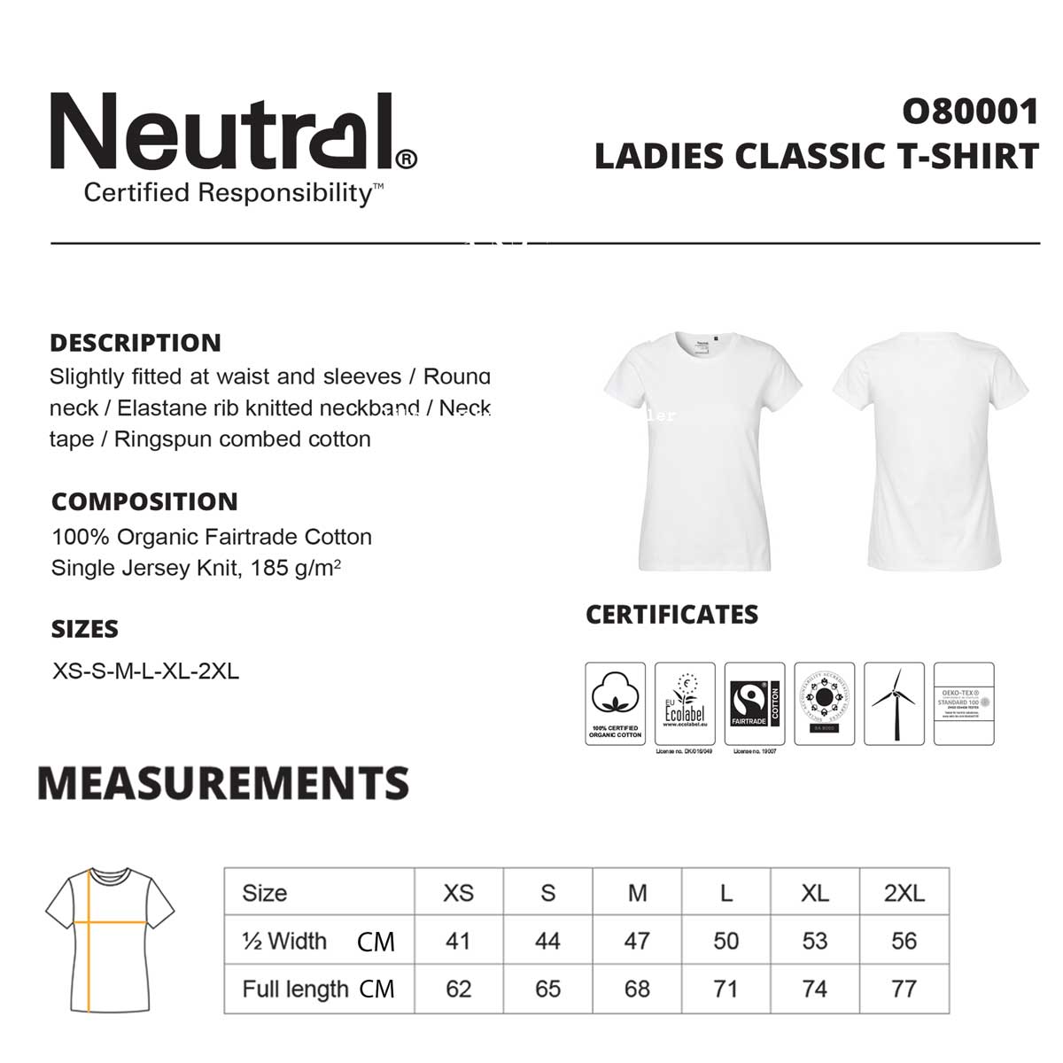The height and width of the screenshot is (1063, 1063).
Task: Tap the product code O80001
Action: pos(970,112)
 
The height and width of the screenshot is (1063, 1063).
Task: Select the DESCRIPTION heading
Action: pos(136,343)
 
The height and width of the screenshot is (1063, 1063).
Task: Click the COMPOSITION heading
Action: pos(144,501)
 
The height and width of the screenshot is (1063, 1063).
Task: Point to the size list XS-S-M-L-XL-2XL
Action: pos(146,671)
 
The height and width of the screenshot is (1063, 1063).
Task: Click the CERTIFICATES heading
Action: pos(671,615)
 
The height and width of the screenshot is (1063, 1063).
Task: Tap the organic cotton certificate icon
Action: pos(615,703)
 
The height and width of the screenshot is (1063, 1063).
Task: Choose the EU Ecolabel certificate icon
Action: pos(685,703)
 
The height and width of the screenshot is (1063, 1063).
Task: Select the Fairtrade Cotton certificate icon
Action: pos(755,703)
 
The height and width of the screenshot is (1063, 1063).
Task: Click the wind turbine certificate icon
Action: pos(894,703)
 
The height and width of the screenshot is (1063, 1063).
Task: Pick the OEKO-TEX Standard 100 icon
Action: pos(964,703)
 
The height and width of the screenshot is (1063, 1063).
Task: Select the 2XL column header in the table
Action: pos(904,893)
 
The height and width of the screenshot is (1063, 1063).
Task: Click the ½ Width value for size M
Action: pos(637,941)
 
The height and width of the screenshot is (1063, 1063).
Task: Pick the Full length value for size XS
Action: pos(459,989)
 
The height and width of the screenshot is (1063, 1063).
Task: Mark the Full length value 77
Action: pos(904,989)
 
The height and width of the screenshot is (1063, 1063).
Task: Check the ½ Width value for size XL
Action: pos(815,941)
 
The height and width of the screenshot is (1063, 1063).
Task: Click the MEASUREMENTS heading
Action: pos(223,783)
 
